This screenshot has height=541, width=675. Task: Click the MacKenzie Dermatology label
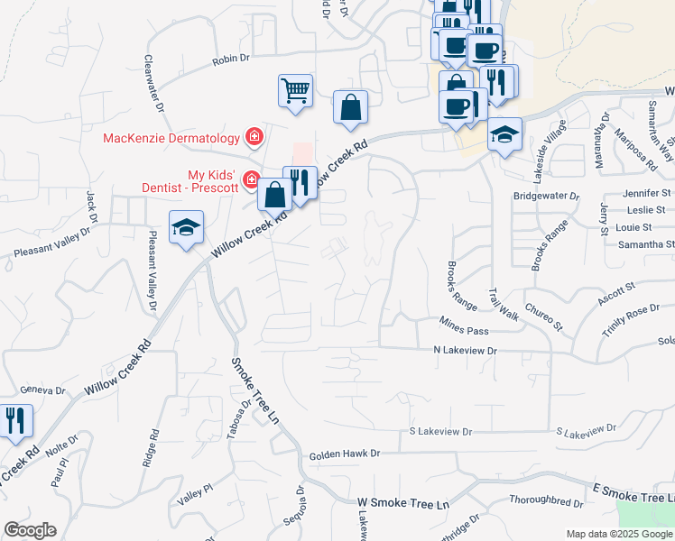[171, 138]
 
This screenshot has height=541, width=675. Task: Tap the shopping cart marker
[296, 91]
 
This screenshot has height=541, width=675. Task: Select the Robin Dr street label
[230, 60]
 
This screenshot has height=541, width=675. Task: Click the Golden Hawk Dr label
[345, 455]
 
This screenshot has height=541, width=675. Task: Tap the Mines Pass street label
[463, 319]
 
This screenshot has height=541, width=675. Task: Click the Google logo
[30, 530]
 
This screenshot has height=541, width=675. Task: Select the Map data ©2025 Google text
[619, 533]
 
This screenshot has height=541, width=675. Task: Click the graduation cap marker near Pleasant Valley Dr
[186, 228]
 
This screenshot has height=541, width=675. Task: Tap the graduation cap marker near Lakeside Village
[504, 135]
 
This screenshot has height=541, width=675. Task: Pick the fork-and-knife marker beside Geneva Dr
[15, 421]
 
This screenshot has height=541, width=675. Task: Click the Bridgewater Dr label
[546, 196]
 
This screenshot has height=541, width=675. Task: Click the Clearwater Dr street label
[153, 82]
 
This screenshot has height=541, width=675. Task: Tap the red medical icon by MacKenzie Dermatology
[254, 138]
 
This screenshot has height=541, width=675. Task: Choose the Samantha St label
[645, 244]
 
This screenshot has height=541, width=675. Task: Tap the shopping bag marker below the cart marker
[350, 108]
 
